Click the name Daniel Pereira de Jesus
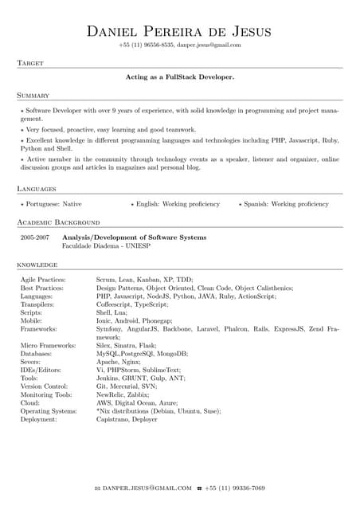click(179, 32)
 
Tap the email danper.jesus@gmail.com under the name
click(209, 45)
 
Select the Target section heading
click(29, 62)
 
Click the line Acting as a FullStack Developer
click(180, 77)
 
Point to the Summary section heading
click(33, 95)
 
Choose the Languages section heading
click(37, 189)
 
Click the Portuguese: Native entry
click(53, 204)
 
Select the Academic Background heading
click(58, 222)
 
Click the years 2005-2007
click(35, 237)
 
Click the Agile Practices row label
click(43, 280)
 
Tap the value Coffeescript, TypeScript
click(132, 304)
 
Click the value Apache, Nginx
click(118, 361)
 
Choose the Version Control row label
click(45, 386)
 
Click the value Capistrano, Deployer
click(127, 419)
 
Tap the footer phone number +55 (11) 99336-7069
click(235, 488)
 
